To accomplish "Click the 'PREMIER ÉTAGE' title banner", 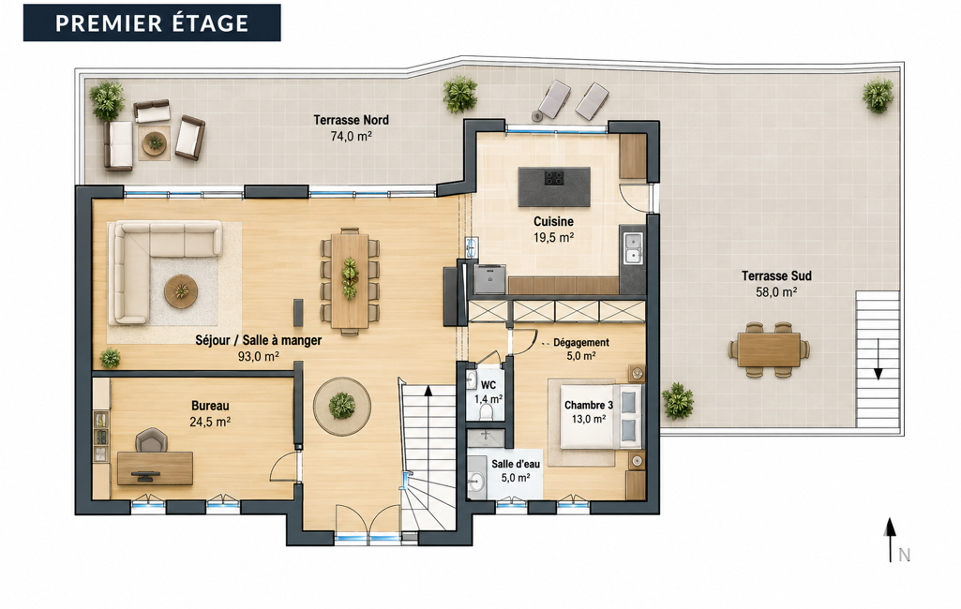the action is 152,22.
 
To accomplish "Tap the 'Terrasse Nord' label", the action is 352,120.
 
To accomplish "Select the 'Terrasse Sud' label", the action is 776,275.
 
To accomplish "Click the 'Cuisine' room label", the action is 553,221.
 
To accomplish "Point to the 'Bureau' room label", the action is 210,406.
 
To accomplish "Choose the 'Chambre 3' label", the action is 589,405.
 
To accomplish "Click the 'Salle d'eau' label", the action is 516,465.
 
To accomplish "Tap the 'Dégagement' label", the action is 581,343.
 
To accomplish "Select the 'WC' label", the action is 488,385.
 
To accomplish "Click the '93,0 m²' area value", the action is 259,356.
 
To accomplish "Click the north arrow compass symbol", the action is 890,539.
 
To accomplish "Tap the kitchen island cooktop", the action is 554,178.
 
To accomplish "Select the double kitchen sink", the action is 633,248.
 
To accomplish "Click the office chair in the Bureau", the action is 151,440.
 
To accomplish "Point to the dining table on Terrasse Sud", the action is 769,349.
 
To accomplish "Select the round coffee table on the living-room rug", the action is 181,291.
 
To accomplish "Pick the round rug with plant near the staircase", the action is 342,406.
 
